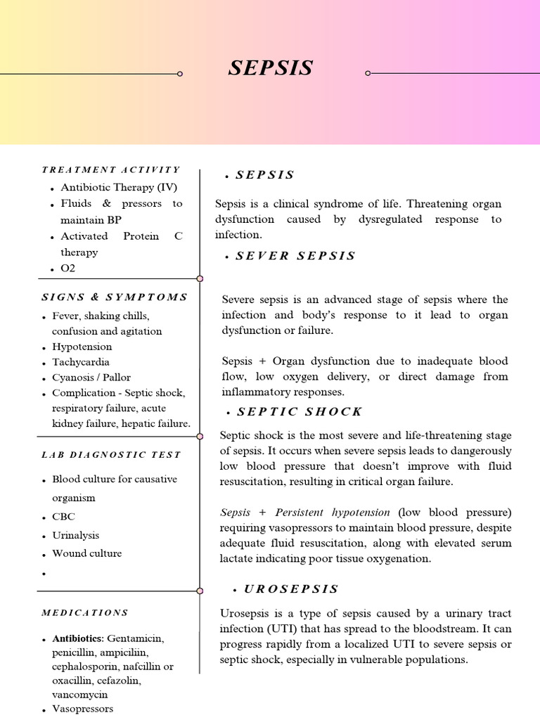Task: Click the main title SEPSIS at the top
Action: (x=271, y=68)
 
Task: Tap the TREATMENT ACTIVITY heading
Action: (x=111, y=169)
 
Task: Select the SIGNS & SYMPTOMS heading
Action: (x=115, y=297)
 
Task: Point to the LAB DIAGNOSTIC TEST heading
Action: (x=111, y=455)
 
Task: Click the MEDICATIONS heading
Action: (x=85, y=612)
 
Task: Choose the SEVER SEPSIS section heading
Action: (x=295, y=256)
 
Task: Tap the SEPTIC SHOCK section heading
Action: (x=300, y=411)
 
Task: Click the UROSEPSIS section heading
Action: (x=290, y=589)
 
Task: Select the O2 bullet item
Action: (x=68, y=269)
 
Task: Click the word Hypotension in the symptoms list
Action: (x=82, y=347)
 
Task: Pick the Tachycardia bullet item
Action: (x=81, y=362)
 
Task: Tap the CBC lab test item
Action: (x=63, y=517)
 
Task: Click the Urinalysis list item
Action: (x=76, y=535)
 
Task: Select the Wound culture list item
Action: (x=86, y=553)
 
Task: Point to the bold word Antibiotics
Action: (x=77, y=638)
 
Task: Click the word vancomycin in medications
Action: (x=78, y=694)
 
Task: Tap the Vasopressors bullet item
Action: (x=82, y=709)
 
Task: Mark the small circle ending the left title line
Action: (x=180, y=73)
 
